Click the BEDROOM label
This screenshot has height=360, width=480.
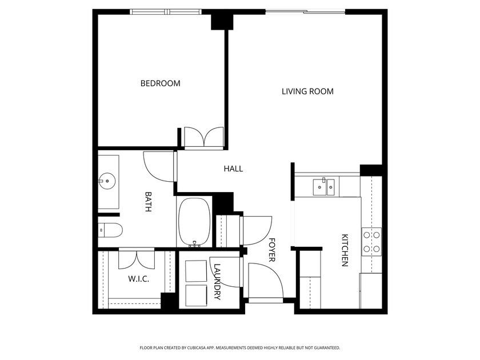[x=160, y=83]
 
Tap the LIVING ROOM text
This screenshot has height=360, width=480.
[x=307, y=91]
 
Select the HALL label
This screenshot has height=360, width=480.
[x=233, y=169]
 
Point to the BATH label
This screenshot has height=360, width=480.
[x=148, y=202]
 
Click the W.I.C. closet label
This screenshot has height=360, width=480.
[x=138, y=279]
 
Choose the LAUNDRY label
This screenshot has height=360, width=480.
[x=217, y=282]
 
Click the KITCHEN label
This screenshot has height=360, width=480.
[x=345, y=250]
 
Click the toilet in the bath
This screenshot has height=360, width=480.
[x=110, y=231]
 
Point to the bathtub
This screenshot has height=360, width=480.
[x=195, y=222]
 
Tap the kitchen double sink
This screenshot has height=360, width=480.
[x=323, y=186]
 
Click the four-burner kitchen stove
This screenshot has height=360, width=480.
[x=371, y=241]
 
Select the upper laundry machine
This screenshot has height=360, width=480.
[x=198, y=271]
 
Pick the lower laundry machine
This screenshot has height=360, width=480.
[x=198, y=295]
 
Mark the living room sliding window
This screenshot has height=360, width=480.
[x=306, y=11]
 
